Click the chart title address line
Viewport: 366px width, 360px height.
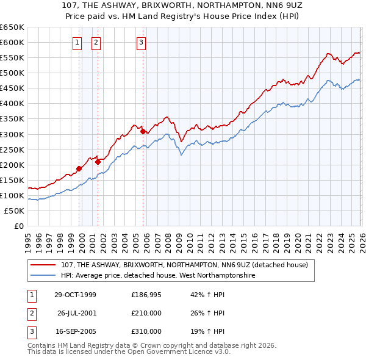pyautogui.click(x=183, y=6)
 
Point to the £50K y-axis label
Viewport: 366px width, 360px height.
pyautogui.click(x=13, y=211)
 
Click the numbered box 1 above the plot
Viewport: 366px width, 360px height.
pyautogui.click(x=78, y=42)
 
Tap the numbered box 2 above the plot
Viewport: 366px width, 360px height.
pyautogui.click(x=96, y=42)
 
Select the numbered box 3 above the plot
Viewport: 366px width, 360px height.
pyautogui.click(x=141, y=42)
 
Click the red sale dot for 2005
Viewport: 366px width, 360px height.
pyautogui.click(x=143, y=131)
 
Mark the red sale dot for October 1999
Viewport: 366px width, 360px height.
pyautogui.click(x=79, y=168)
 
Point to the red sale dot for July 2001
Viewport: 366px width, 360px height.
pyautogui.click(x=98, y=162)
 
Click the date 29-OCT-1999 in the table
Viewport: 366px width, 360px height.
pyautogui.click(x=75, y=295)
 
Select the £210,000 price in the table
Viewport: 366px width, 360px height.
pyautogui.click(x=146, y=313)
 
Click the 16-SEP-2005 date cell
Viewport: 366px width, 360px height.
pyautogui.click(x=75, y=331)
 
